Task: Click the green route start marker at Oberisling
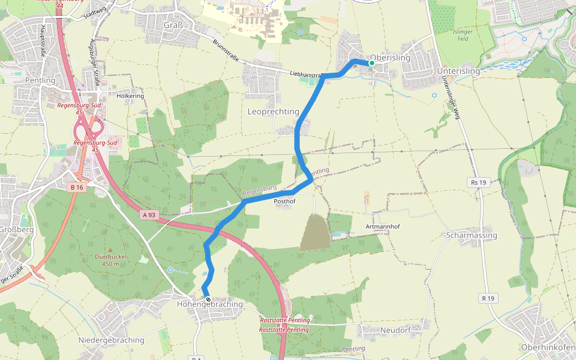(x=371, y=63)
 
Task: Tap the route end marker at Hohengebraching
(x=208, y=299)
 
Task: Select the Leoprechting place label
(x=273, y=112)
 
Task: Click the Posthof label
(x=284, y=202)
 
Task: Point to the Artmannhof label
(x=382, y=227)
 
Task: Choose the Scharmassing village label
(x=472, y=235)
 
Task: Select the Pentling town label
(x=40, y=80)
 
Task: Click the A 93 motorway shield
(x=149, y=215)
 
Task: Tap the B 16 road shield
(x=76, y=188)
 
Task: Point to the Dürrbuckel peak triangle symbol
(x=109, y=250)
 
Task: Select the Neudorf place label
(x=395, y=331)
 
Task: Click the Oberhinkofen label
(x=547, y=347)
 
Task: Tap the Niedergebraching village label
(x=112, y=340)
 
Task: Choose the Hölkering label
(x=130, y=96)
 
